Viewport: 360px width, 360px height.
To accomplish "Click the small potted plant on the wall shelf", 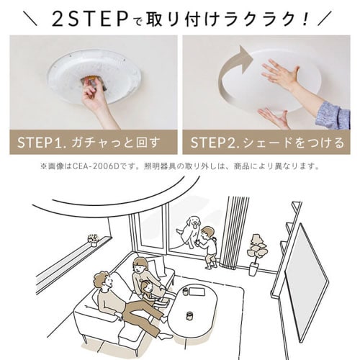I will [92, 239].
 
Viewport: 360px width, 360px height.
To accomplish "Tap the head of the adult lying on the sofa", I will [101, 282].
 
